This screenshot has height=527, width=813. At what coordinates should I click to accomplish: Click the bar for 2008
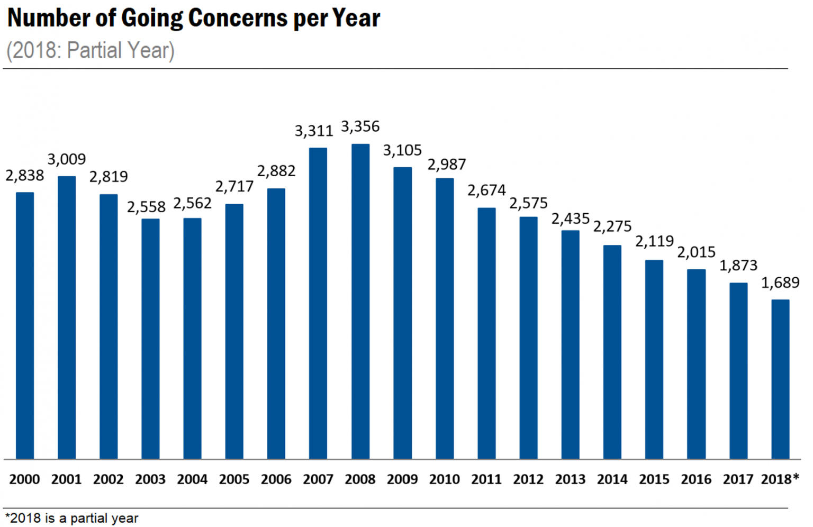pyautogui.click(x=360, y=302)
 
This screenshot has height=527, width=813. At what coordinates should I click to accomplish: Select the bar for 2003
pyautogui.click(x=150, y=339)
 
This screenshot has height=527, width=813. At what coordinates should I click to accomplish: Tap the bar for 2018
pyautogui.click(x=780, y=379)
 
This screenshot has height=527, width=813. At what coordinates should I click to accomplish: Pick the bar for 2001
pyautogui.click(x=67, y=317)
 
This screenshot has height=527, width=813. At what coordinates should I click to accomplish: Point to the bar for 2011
pyautogui.click(x=486, y=333)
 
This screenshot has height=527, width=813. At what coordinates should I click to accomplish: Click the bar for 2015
pyautogui.click(x=654, y=360)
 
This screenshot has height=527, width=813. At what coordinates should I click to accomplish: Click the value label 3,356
pyautogui.click(x=360, y=126)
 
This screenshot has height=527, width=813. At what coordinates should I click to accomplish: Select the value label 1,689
pyautogui.click(x=780, y=283)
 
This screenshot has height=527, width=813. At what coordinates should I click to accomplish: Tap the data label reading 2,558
pyautogui.click(x=146, y=207)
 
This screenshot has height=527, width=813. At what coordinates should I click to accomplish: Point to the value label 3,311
pyautogui.click(x=314, y=131)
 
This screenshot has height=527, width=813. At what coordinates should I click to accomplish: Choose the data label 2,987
pyautogui.click(x=447, y=165)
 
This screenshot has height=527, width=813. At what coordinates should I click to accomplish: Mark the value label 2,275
pyautogui.click(x=612, y=226)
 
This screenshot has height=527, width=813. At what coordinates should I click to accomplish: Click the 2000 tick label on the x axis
pyautogui.click(x=24, y=479)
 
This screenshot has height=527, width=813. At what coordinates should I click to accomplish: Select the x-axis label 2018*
pyautogui.click(x=780, y=479)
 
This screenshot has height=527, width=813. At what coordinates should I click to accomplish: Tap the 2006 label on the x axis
pyautogui.click(x=276, y=479)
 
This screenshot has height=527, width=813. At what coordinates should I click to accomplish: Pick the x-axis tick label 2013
pyautogui.click(x=570, y=479)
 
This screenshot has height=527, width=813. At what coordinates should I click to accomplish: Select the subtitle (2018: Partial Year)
pyautogui.click(x=91, y=51)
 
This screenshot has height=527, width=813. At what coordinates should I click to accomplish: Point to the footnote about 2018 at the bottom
pyautogui.click(x=71, y=518)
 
